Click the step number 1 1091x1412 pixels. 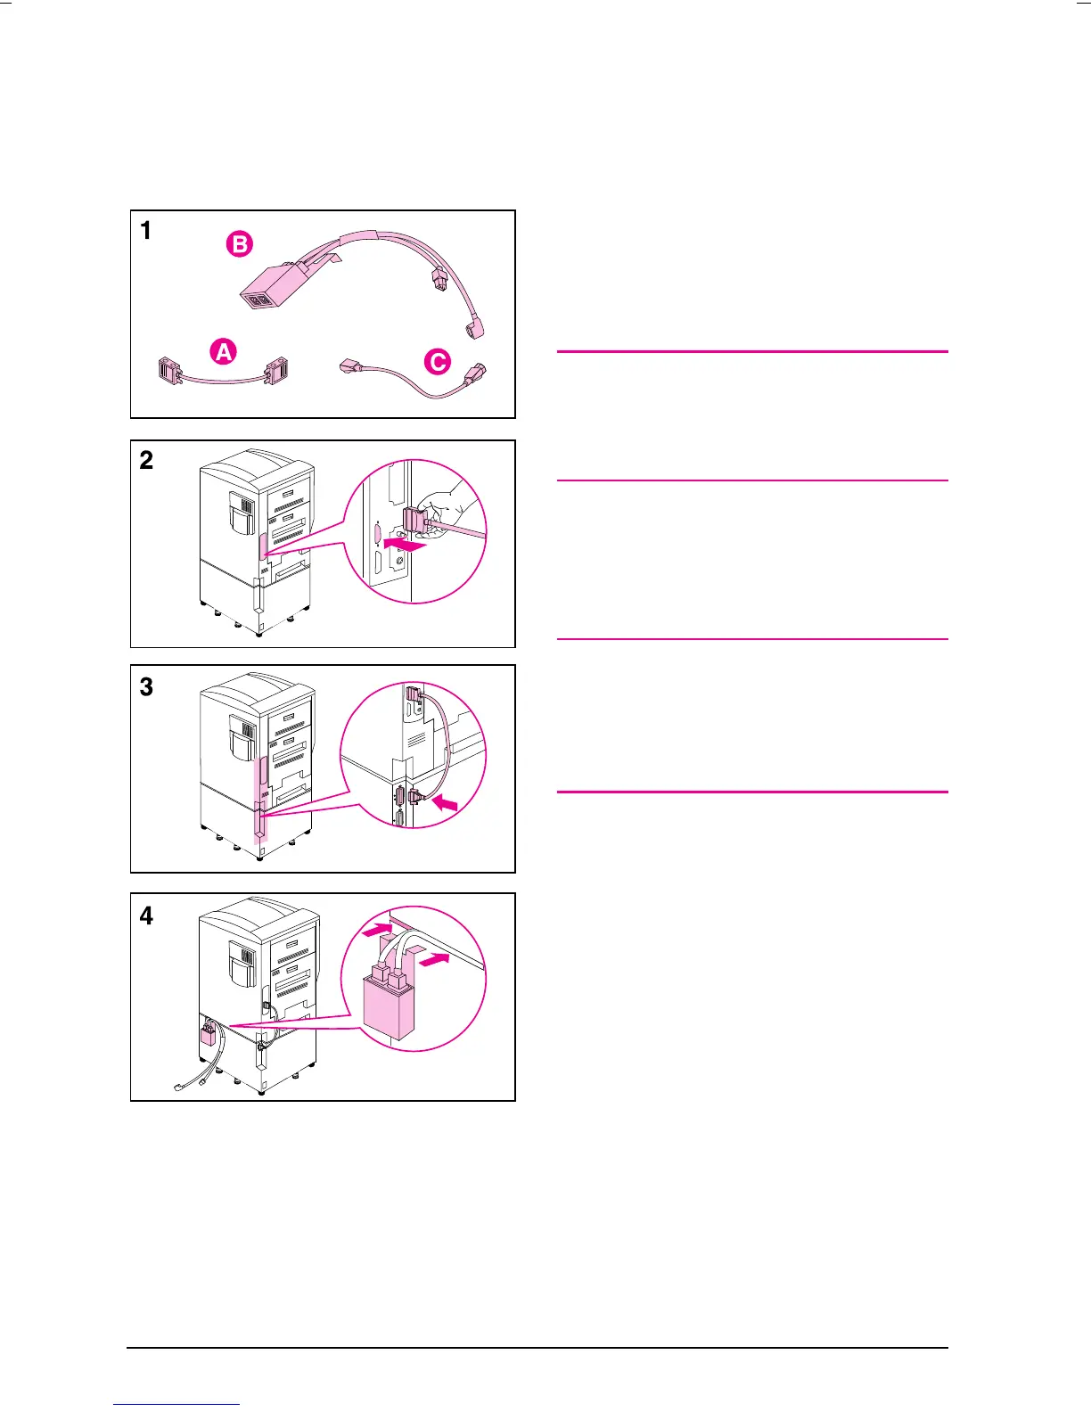[x=146, y=231]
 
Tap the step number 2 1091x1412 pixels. [x=146, y=460]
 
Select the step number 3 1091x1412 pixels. [x=146, y=686]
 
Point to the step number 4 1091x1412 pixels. [x=146, y=915]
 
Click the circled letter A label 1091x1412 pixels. [x=224, y=352]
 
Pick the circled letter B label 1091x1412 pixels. [x=239, y=243]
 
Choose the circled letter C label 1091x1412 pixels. [x=438, y=362]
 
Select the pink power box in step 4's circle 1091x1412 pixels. [x=389, y=1007]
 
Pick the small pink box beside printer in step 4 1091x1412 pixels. [x=208, y=1036]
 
